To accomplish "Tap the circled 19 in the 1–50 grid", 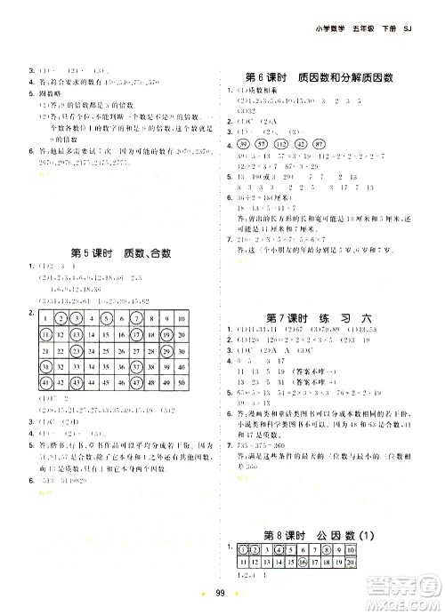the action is point(166,339).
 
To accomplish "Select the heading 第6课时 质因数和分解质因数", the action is point(319,77).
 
